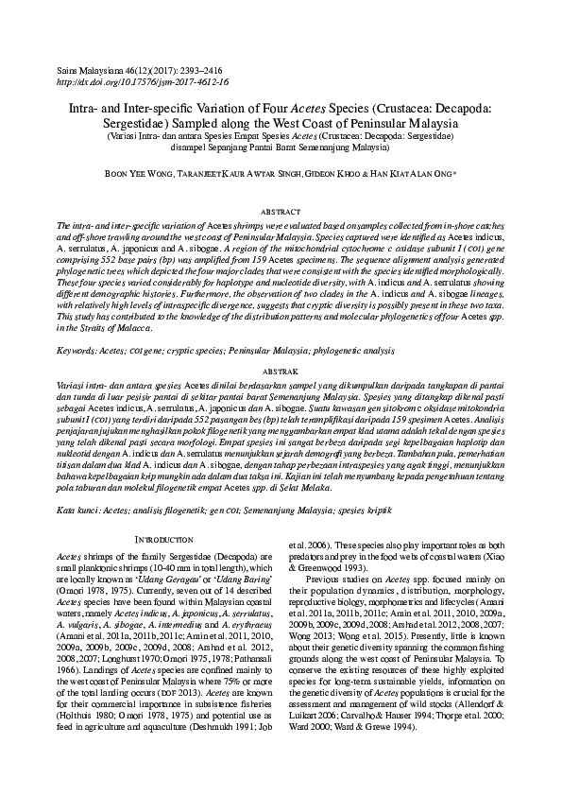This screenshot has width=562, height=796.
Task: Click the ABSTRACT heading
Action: (281, 214)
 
